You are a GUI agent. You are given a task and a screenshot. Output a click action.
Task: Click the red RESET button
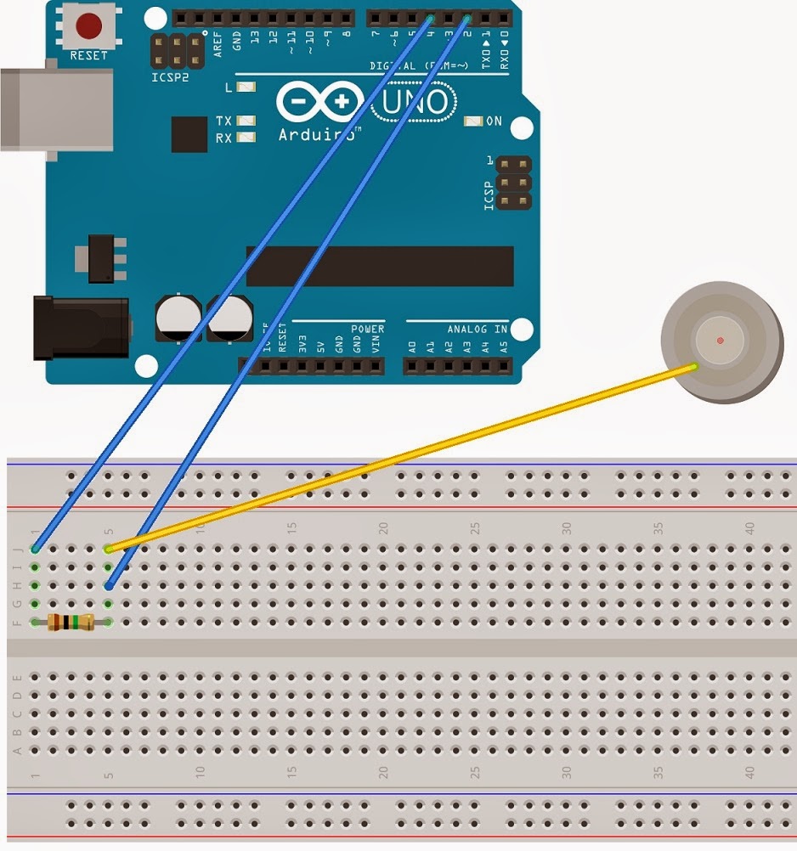[x=86, y=25]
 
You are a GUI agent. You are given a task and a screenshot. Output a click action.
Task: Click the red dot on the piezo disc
[x=721, y=341]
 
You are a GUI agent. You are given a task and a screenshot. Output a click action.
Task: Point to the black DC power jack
[x=80, y=327]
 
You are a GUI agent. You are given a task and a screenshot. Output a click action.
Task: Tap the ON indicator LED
[x=473, y=121]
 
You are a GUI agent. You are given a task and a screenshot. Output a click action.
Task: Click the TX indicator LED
[x=247, y=121]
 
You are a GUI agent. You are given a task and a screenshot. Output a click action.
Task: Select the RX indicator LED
[x=247, y=138]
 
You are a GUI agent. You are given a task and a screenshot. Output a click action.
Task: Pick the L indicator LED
[x=247, y=87]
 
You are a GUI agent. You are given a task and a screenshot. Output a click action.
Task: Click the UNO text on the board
[x=413, y=104]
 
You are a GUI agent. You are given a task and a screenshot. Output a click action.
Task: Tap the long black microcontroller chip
[x=380, y=267]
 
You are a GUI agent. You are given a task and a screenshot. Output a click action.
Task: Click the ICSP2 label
[x=171, y=77]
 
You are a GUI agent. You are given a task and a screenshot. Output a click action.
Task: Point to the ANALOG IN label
[x=477, y=329]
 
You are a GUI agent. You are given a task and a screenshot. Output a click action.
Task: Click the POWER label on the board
[x=367, y=329]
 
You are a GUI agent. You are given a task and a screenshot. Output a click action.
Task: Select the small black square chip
[x=189, y=134]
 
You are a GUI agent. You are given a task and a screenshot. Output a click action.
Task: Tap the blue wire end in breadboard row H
[x=109, y=586]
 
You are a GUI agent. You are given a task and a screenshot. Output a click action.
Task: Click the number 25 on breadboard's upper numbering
[x=475, y=528]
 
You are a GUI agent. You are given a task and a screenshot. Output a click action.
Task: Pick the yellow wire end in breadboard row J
[x=109, y=549]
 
